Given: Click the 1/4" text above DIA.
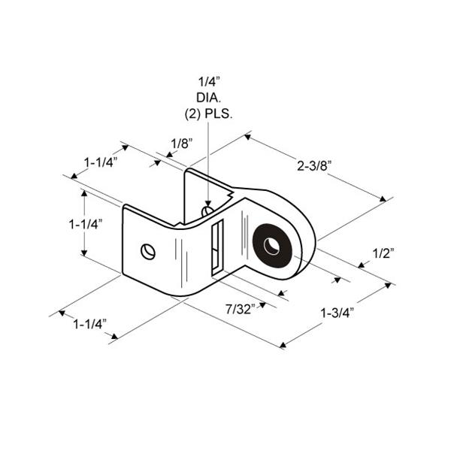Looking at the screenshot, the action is click(x=209, y=82).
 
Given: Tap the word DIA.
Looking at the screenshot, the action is click(x=208, y=98).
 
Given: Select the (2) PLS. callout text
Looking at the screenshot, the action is click(x=208, y=114).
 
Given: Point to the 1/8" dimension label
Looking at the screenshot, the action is click(x=181, y=144).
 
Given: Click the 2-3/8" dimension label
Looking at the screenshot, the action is click(x=315, y=166).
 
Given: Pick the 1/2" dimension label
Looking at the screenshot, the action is click(x=383, y=254).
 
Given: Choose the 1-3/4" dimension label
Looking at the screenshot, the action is click(x=337, y=313).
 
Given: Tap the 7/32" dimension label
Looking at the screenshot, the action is click(x=241, y=310).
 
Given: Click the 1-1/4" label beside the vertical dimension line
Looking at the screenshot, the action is click(x=86, y=224).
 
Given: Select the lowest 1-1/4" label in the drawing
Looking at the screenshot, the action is click(x=90, y=325).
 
